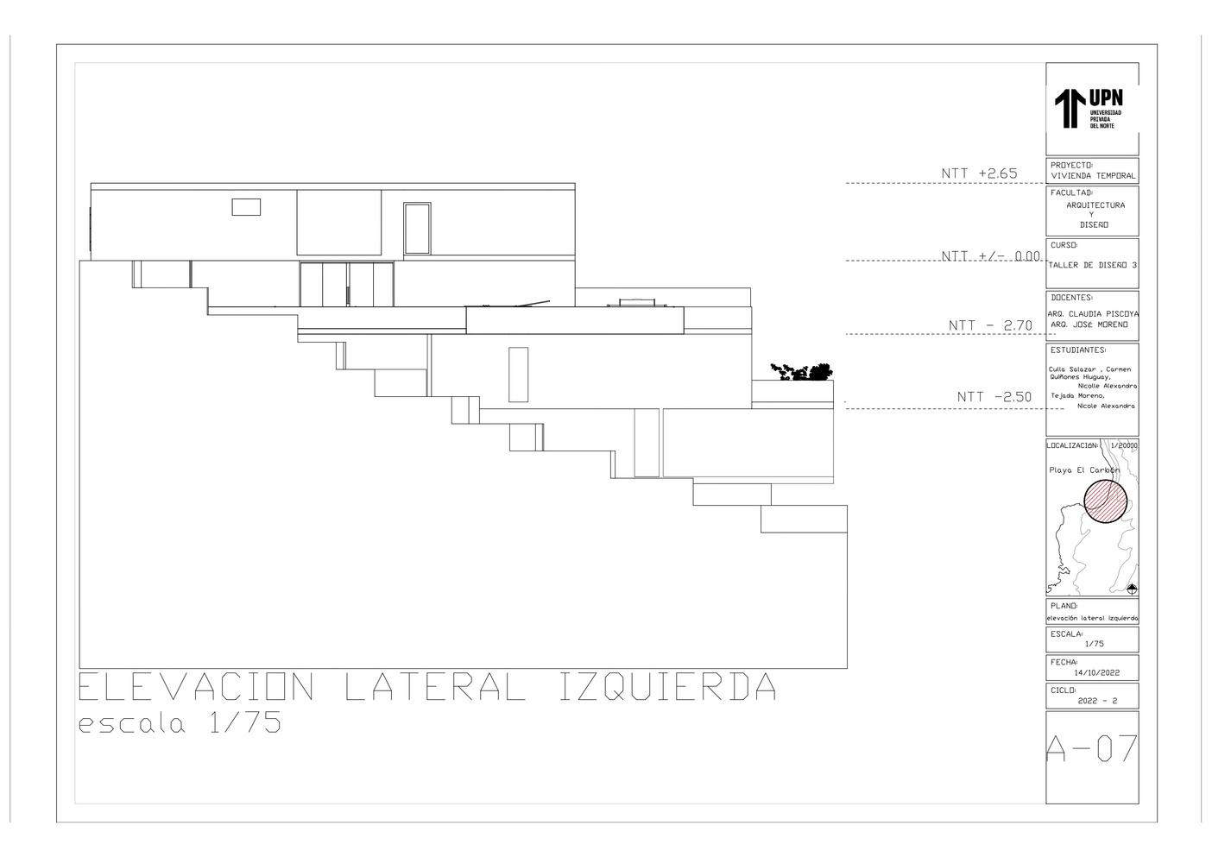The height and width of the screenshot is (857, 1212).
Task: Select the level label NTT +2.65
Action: pos(979,173)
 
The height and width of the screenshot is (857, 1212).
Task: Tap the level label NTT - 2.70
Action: pos(990,325)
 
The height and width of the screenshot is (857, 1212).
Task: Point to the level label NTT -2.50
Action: pos(994,397)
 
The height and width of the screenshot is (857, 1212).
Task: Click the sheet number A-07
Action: pos(1091,749)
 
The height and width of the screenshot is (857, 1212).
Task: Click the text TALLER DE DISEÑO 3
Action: pos(1092,265)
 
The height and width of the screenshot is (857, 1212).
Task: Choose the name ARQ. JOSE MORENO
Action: pos(1089,325)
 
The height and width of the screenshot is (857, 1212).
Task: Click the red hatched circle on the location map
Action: pos(1106,501)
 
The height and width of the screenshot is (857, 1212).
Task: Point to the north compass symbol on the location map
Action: pos(1132,589)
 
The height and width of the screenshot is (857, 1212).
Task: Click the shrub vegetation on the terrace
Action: pos(803,372)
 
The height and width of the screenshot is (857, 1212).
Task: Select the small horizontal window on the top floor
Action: pos(245,206)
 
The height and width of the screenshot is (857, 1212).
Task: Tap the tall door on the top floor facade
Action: pos(417,229)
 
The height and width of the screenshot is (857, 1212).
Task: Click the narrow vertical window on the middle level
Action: pos(518,374)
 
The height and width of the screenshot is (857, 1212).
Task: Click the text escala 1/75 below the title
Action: pos(180,723)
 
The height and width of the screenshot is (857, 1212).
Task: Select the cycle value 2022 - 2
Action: pos(1097,702)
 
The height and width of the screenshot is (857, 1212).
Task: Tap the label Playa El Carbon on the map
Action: pos(1083,470)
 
